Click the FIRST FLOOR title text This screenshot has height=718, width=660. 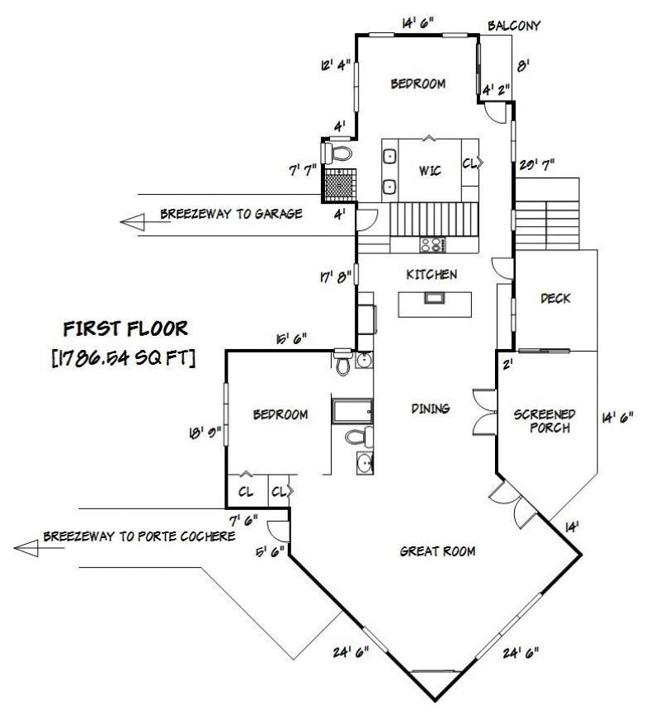[x=125, y=328]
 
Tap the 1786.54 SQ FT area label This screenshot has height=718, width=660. [x=124, y=357]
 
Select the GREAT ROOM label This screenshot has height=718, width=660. [x=437, y=551]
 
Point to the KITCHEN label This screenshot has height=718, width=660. [x=431, y=275]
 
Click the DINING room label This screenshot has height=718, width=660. [x=430, y=409]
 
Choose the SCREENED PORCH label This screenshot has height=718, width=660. [x=544, y=421]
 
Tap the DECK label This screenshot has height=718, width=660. [x=555, y=299]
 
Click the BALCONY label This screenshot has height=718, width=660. [x=513, y=26]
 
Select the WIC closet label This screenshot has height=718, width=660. [x=430, y=171]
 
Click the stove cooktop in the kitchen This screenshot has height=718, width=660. [x=432, y=244]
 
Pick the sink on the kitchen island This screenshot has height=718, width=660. [x=433, y=299]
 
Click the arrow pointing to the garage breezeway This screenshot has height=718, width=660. [x=132, y=222]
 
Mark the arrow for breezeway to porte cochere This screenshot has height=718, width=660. [x=26, y=548]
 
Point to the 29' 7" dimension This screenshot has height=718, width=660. [x=536, y=164]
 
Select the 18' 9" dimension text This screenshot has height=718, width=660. [x=205, y=432]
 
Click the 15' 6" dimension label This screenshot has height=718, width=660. [x=291, y=339]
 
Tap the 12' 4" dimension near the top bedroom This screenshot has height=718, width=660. [x=336, y=65]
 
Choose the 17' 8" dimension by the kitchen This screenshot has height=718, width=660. [x=336, y=277]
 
